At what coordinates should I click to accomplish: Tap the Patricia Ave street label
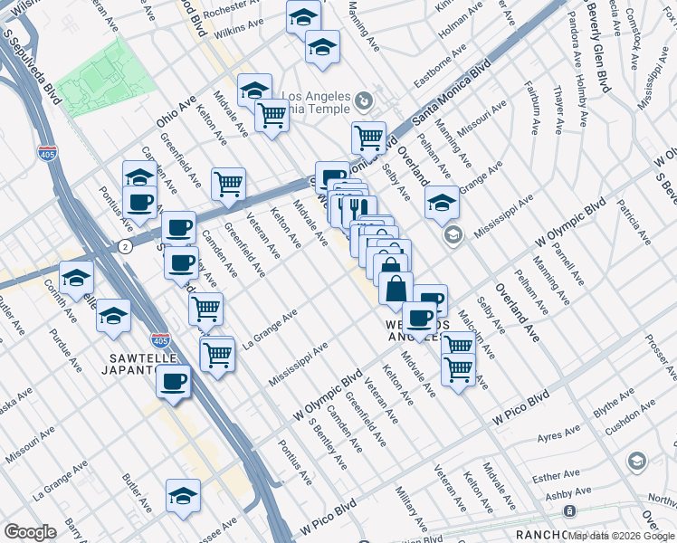coord(634,225)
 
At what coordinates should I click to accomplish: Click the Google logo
coord(30,532)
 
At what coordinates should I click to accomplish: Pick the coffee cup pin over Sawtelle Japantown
coord(173,380)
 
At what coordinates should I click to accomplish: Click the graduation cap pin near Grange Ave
coord(442,203)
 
